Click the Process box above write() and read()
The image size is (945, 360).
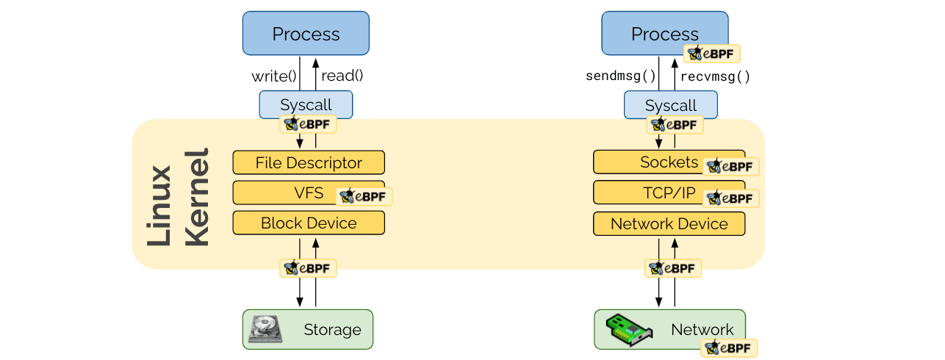pos(306,34)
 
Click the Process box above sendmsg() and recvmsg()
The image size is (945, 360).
pos(664,33)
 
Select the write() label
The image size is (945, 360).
pos(273,76)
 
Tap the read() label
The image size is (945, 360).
pos(342,76)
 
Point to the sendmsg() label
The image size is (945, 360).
pos(620,76)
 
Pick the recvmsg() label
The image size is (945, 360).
pos(715,76)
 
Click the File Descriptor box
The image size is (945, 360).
pos(309,162)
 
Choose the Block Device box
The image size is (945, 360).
pos(309,223)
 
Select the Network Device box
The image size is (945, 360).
pos(669,224)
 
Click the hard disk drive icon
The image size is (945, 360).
pos(265,329)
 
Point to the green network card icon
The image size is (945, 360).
pos(629,328)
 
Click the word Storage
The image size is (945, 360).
pos(332,330)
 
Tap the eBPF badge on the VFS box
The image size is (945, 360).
pos(364,197)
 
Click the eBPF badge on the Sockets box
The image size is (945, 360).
pos(730,167)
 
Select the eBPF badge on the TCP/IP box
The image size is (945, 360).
pos(730,198)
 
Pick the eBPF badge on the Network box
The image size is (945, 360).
pos(729,348)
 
